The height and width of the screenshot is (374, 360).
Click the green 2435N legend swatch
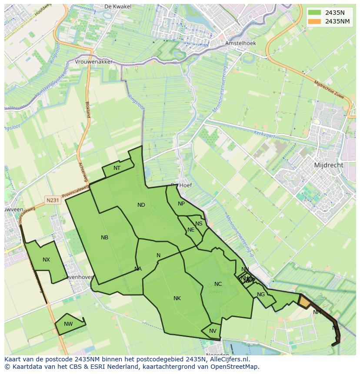[314, 13]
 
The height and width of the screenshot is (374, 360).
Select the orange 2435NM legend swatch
[314, 21]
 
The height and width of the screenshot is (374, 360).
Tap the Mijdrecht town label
[328, 165]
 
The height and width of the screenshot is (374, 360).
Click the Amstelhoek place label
[240, 43]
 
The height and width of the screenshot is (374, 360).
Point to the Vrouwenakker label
[93, 62]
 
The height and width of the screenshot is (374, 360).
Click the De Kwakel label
[115, 7]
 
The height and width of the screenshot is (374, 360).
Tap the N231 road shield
[52, 200]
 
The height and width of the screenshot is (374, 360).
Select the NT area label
[117, 168]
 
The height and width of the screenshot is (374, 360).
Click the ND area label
[141, 205]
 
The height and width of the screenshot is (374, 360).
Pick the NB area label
[104, 238]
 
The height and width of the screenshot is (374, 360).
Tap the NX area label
[46, 260]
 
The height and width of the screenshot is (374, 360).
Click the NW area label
[68, 324]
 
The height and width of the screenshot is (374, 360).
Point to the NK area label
[177, 298]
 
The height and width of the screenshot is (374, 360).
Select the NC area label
[218, 284]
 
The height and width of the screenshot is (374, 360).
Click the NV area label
[213, 331]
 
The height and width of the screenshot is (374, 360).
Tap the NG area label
[261, 295]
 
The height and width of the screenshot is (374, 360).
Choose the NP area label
[181, 204]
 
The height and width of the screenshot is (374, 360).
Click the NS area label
[199, 224]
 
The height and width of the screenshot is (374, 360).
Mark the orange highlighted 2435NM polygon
[305, 302]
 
